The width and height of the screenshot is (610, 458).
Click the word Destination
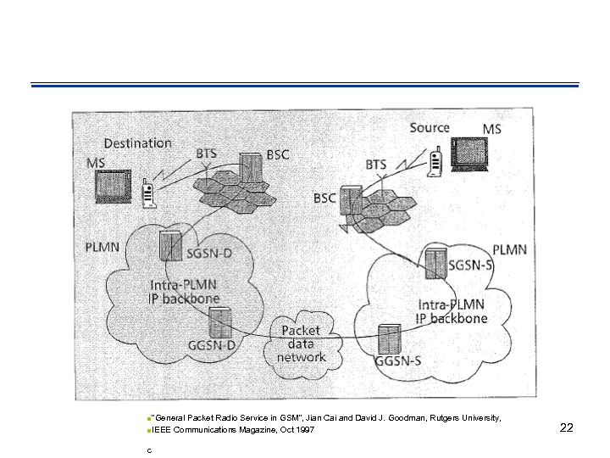click(x=137, y=143)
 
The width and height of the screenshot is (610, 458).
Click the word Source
click(x=430, y=128)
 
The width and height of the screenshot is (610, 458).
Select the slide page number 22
click(x=567, y=428)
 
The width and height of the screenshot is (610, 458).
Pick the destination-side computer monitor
click(x=112, y=187)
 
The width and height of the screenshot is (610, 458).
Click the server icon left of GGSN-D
click(x=220, y=322)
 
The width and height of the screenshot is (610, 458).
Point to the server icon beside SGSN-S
click(x=435, y=264)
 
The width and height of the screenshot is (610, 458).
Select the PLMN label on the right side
click(x=509, y=249)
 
